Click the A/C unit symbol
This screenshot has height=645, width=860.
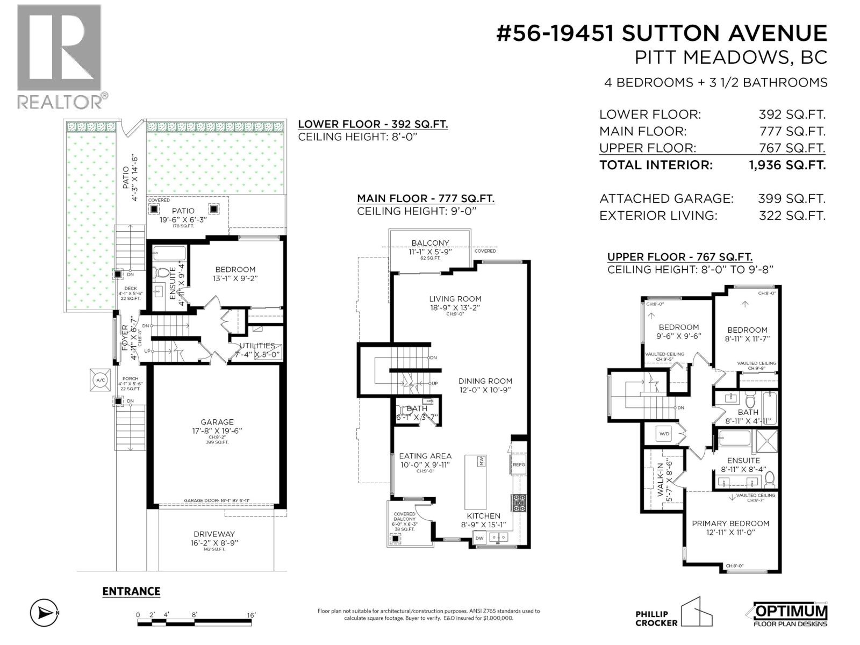coord(101,380)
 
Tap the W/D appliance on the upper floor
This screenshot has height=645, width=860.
coord(664,434)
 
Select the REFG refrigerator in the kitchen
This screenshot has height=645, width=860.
coord(519,464)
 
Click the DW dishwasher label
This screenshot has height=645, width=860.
coord(479,537)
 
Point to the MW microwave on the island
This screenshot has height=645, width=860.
coord(482,461)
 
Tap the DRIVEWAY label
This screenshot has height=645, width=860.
coord(214,534)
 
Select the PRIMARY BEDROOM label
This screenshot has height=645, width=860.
coord(730,524)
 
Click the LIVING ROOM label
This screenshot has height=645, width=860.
coord(455,299)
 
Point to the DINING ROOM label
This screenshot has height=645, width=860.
coord(485,381)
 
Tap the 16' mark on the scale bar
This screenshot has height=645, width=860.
coord(251,615)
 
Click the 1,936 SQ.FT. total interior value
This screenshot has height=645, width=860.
coord(787,165)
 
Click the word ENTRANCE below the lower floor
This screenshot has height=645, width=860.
coord(131,591)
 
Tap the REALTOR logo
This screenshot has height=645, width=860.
coord(60,56)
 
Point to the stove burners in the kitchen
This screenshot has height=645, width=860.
coord(519,503)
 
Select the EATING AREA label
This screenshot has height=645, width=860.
coord(425,456)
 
